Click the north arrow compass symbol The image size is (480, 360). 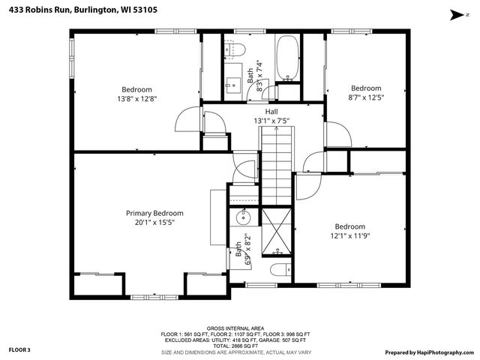(455, 13)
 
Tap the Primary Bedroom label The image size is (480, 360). (154, 213)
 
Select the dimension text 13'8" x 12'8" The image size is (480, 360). (136, 98)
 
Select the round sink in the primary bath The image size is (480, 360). (243, 218)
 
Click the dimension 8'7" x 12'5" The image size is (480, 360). (366, 97)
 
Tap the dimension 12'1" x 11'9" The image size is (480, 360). (350, 235)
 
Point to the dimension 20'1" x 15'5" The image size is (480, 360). (154, 222)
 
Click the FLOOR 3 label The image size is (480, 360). (19, 349)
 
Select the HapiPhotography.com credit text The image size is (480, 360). (430, 352)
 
